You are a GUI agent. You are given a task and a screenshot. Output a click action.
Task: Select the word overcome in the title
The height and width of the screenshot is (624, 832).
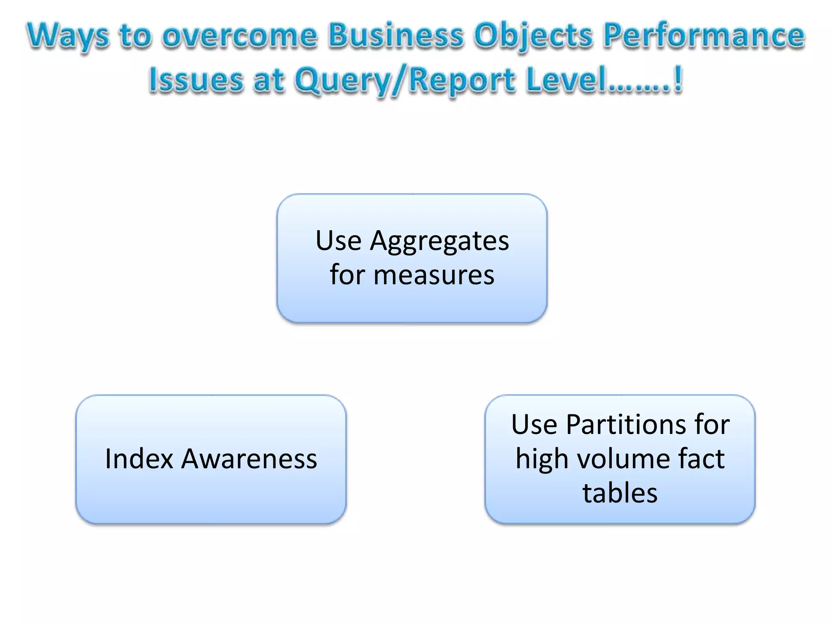239,36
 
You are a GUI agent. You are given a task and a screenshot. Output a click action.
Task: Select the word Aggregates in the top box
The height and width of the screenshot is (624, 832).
439,241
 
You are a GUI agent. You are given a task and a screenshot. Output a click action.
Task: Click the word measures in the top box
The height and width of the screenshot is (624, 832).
434,275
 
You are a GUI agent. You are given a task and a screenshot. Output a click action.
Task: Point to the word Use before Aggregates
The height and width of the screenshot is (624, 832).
338,240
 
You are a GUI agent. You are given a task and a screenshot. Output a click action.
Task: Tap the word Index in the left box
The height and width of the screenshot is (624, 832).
139,459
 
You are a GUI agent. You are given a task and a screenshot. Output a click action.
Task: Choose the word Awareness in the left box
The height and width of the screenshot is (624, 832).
249,459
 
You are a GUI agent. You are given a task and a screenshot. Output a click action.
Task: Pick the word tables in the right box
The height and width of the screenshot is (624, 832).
620,493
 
